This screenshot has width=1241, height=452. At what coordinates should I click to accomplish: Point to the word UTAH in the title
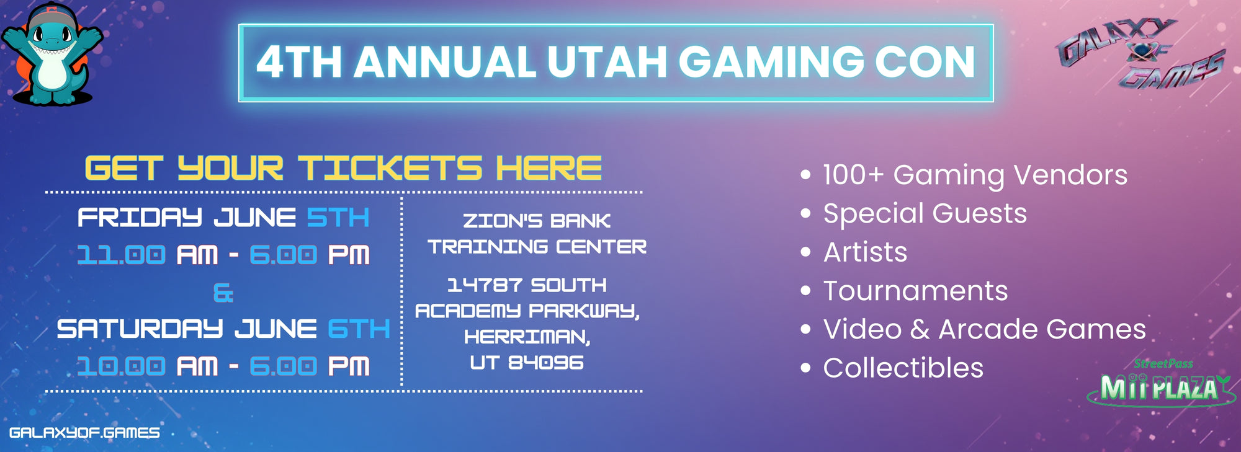click(x=606, y=62)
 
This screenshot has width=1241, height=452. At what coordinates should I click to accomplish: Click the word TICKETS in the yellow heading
click(x=389, y=168)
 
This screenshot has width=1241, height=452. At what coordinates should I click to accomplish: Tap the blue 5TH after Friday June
click(x=338, y=218)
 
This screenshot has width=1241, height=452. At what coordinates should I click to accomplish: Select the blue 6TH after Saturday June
click(x=359, y=329)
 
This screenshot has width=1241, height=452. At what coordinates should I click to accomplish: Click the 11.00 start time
click(x=122, y=255)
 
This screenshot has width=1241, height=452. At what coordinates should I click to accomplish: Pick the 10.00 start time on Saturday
click(x=122, y=366)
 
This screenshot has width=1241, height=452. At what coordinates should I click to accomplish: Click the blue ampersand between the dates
click(x=223, y=293)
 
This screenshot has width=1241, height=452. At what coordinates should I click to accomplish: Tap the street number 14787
click(x=485, y=285)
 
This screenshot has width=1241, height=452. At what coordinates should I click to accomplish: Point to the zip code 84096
click(x=546, y=363)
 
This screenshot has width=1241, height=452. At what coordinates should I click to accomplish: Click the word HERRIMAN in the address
click(x=527, y=337)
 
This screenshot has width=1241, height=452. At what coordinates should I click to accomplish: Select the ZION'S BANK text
click(x=537, y=221)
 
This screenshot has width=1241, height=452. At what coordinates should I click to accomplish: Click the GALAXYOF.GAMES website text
click(x=84, y=432)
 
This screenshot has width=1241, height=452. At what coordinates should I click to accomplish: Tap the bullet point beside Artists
click(x=805, y=252)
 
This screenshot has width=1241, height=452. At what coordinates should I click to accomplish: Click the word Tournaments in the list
click(x=915, y=291)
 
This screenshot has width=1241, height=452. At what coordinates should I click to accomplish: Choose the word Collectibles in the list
click(x=903, y=368)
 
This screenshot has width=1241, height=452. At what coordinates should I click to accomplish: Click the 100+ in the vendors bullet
click(x=853, y=175)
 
